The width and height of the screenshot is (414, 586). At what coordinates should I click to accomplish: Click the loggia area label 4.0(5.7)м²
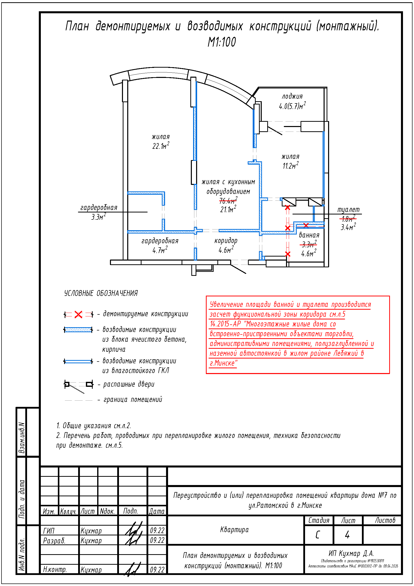point(292,106)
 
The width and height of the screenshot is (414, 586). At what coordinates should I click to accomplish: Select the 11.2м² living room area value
point(290,166)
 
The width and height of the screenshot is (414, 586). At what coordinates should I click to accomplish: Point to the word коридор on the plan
point(226,241)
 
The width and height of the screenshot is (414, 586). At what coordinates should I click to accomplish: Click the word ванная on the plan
point(309,235)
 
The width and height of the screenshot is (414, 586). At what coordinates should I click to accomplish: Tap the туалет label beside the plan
point(348,210)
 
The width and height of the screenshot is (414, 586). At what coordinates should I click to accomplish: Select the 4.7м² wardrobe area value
point(160,250)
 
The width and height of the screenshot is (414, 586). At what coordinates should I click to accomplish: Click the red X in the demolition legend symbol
point(78,314)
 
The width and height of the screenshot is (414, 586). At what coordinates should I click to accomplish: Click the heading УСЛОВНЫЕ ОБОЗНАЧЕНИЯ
point(101,293)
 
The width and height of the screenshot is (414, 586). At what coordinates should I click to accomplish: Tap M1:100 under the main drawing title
point(222,42)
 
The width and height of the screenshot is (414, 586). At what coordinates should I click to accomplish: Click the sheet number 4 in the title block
point(347,535)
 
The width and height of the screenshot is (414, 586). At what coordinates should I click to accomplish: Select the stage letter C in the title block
point(318,535)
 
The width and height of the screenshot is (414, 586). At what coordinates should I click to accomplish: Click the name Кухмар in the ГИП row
point(91,531)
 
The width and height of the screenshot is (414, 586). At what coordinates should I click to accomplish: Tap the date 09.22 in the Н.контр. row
point(157,570)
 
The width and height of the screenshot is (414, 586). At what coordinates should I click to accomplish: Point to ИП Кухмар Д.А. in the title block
point(351,553)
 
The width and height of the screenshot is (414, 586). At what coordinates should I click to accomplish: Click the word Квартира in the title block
point(234,530)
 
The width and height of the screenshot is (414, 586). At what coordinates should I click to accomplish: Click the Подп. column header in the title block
point(130,511)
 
